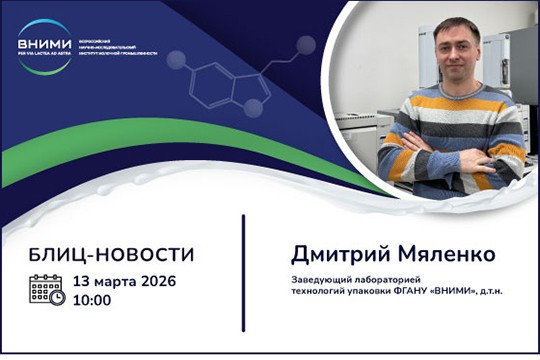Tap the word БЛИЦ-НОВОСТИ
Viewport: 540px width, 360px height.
(98, 253)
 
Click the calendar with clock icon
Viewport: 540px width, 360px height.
(47, 291)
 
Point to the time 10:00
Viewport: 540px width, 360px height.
(90, 300)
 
